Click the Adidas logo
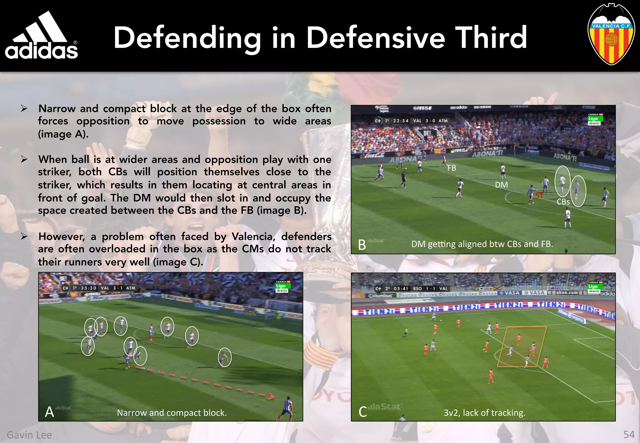[x=41, y=36]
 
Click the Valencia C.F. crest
[x=611, y=34]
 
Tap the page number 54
[x=629, y=435]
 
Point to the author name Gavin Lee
[x=29, y=435]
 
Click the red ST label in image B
[x=539, y=196]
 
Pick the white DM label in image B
[x=501, y=185]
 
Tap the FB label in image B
[x=452, y=168]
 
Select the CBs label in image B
[x=563, y=202]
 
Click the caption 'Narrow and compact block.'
[x=172, y=413]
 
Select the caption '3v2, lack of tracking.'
[x=484, y=413]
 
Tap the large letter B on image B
[x=362, y=245]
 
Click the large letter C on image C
[x=362, y=412]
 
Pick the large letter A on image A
[x=49, y=412]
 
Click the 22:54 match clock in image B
[x=401, y=121]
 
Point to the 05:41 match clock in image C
[x=401, y=289]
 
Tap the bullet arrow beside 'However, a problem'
[x=24, y=236]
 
